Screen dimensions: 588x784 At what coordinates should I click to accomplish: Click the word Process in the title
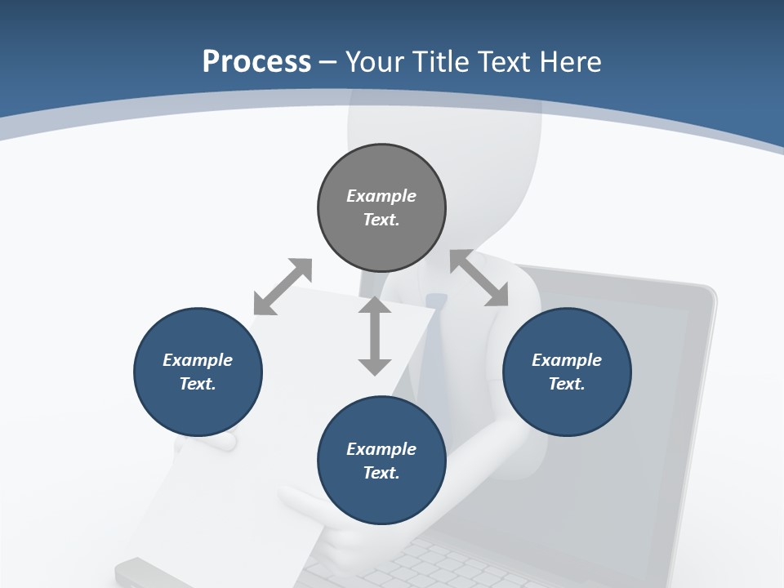(256, 61)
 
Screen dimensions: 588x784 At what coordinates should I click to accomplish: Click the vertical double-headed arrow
(375, 336)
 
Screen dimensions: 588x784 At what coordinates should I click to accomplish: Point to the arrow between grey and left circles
(283, 287)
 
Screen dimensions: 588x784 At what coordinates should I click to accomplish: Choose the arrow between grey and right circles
(479, 278)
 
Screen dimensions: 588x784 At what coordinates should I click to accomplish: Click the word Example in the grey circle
(381, 196)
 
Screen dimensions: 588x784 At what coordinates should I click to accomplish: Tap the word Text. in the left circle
(198, 384)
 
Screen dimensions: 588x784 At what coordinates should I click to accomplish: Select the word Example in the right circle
(567, 360)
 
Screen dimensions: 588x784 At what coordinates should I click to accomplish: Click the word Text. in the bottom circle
(381, 473)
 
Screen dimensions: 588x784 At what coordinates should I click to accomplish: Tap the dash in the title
(328, 61)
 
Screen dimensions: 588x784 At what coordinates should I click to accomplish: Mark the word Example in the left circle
(198, 360)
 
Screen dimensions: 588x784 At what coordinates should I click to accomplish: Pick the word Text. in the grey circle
(381, 220)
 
